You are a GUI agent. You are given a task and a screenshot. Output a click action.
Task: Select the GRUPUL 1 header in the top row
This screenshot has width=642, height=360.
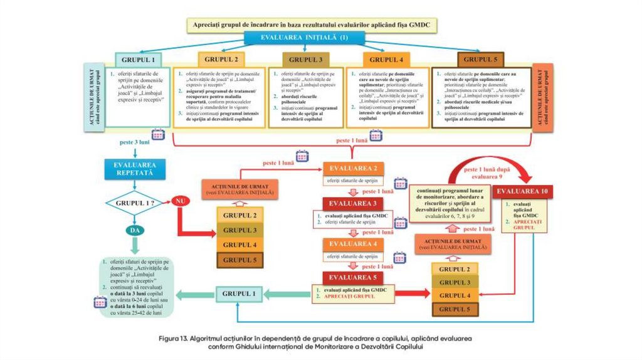pyautogui.click(x=137, y=60)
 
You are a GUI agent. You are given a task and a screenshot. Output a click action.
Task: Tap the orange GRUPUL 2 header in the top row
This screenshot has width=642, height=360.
pyautogui.click(x=218, y=60)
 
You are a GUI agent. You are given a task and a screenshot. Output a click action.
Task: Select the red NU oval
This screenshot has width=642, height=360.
pyautogui.click(x=181, y=203)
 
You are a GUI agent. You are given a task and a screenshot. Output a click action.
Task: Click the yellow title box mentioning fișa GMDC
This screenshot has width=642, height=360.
pyautogui.click(x=312, y=25)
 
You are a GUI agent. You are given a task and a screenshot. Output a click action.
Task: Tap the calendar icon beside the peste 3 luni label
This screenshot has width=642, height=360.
pyautogui.click(x=158, y=134)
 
